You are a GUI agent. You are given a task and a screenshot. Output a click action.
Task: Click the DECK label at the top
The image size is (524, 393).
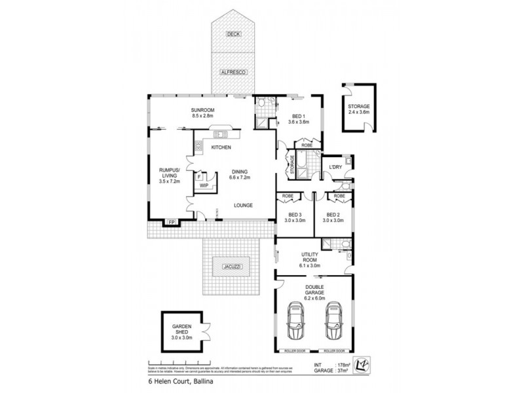point(233,33)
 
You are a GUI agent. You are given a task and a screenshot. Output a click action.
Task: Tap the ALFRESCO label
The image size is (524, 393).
point(233,71)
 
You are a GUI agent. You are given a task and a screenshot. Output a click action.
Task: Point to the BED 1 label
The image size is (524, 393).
point(299,118)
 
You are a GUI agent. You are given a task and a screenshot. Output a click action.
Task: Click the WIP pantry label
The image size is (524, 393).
point(204,186)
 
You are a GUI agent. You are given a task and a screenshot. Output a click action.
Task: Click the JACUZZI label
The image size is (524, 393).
point(233,266)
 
